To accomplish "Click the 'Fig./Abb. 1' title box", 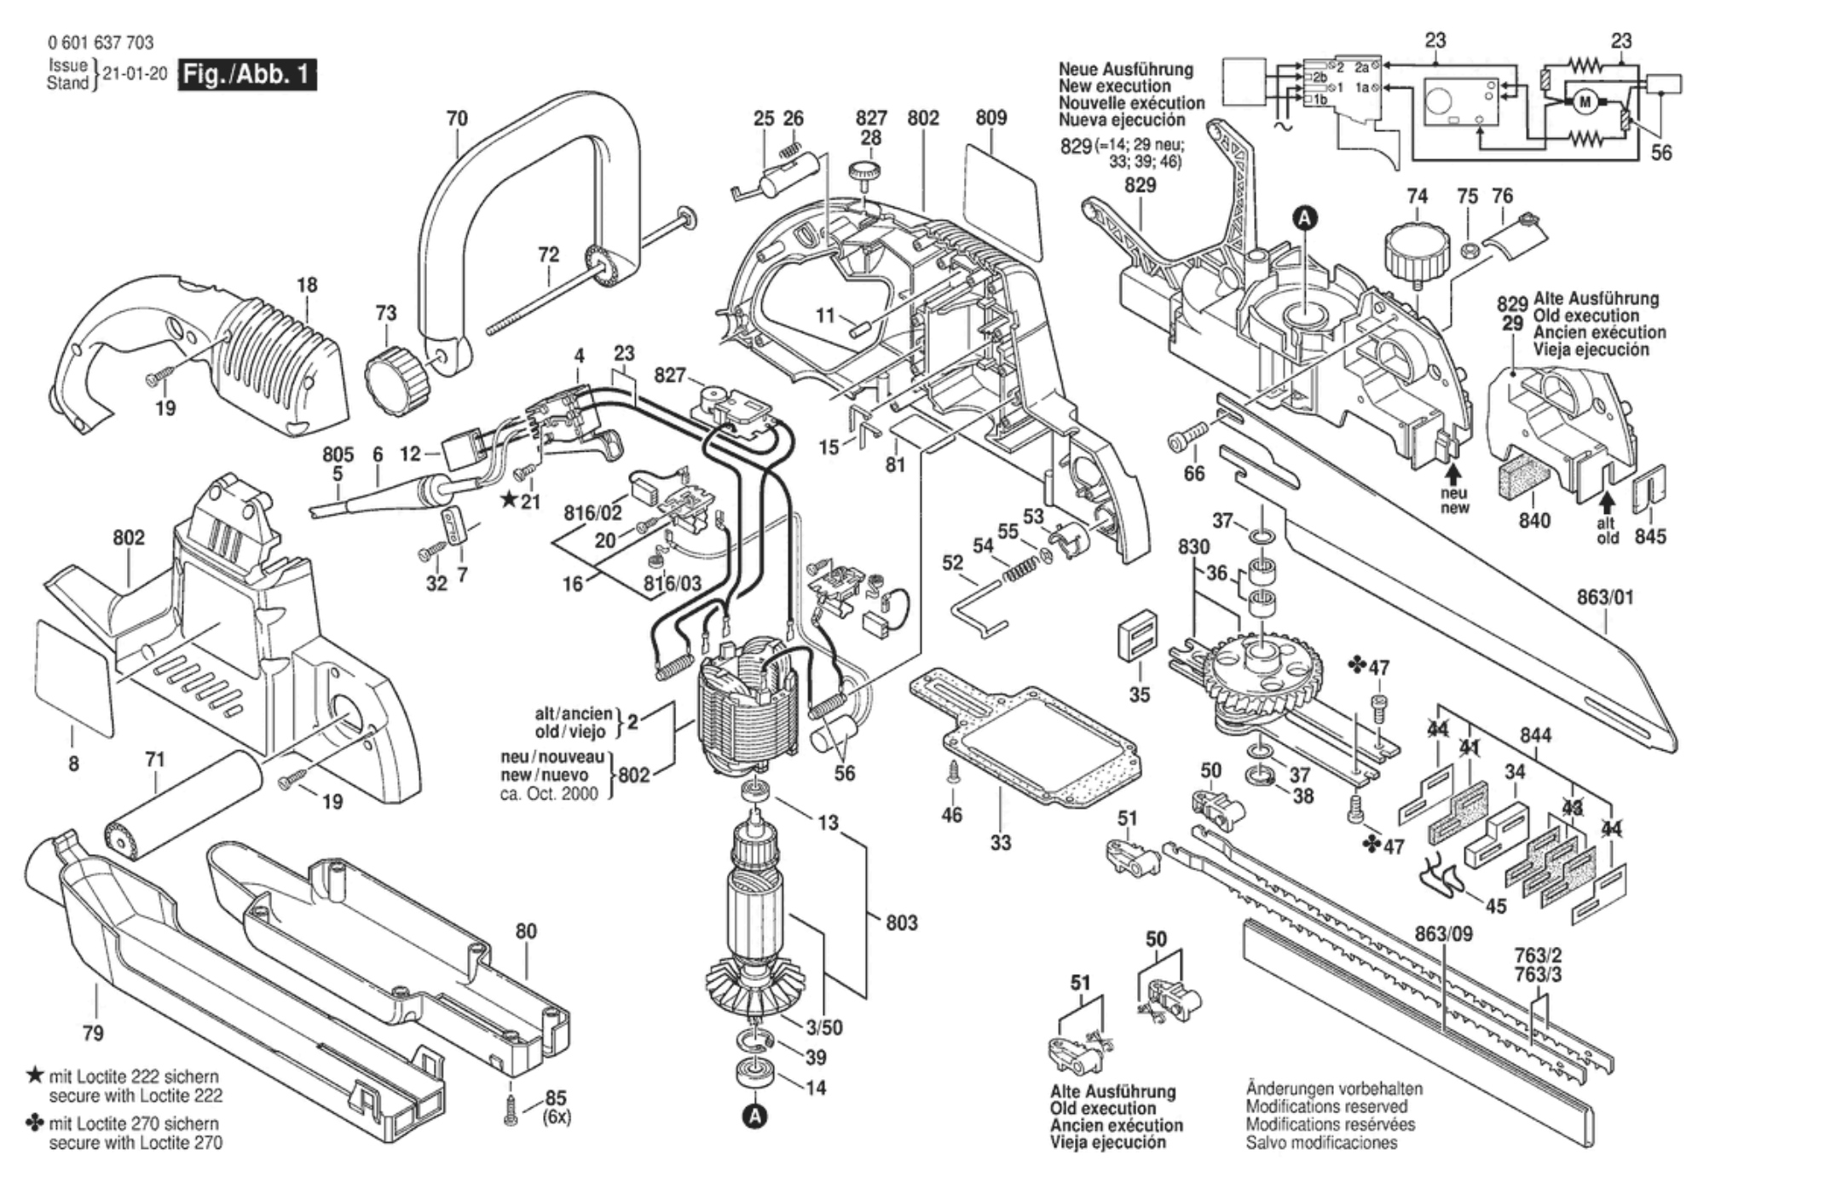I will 246,74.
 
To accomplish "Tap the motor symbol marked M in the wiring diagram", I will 1585,103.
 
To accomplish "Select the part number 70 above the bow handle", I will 457,118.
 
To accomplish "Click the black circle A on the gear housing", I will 1305,219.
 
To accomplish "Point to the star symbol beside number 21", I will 508,499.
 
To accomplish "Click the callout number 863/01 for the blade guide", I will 1605,597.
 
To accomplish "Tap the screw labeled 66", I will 1186,439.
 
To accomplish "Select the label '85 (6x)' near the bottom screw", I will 556,1107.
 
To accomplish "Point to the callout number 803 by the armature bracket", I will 901,922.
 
